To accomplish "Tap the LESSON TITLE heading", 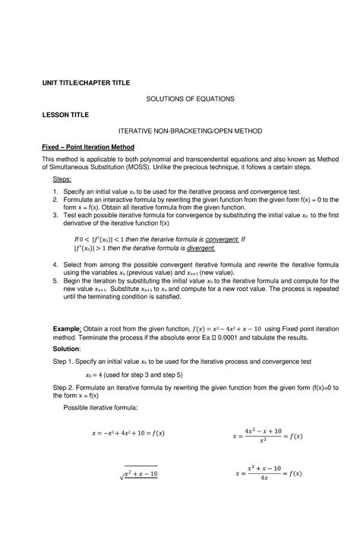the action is coord(65,114).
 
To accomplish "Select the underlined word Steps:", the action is coord(61,178).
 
